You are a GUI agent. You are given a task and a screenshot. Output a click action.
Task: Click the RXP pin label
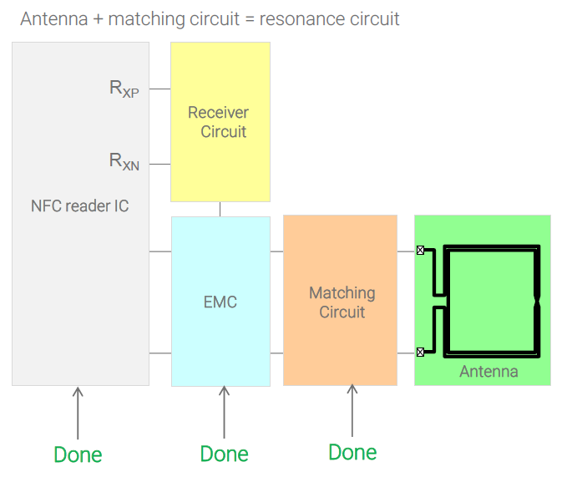coord(124,89)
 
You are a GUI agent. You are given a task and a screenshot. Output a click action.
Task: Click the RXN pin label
coord(124,160)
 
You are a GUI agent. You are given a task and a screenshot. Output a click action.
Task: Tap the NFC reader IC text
coord(80,206)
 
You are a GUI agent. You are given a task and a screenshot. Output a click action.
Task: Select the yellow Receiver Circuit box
coord(220,122)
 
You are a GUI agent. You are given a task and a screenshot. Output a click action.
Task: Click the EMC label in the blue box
coord(220,302)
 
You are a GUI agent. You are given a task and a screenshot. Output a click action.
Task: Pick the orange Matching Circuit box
coord(341,301)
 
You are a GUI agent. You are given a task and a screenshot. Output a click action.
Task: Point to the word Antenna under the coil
coord(488,372)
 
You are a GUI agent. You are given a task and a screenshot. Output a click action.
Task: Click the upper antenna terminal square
coord(420,250)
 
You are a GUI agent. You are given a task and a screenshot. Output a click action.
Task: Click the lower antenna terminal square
coord(420,353)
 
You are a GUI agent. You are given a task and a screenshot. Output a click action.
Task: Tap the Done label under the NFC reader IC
coord(78,454)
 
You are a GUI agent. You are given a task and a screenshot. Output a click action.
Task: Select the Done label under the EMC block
coord(224,454)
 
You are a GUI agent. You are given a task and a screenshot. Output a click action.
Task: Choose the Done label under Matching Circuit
coord(352,452)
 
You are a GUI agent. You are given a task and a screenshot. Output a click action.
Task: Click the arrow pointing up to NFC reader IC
coord(78,413)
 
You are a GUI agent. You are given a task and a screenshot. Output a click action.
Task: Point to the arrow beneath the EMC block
coord(224,413)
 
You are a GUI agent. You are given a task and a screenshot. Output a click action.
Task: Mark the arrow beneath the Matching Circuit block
coord(352,411)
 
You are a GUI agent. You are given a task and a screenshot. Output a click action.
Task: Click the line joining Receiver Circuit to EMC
coord(220,209)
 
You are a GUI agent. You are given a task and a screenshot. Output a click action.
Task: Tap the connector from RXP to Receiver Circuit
coord(160,89)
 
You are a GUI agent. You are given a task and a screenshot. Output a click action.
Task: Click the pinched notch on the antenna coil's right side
coord(538,300)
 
